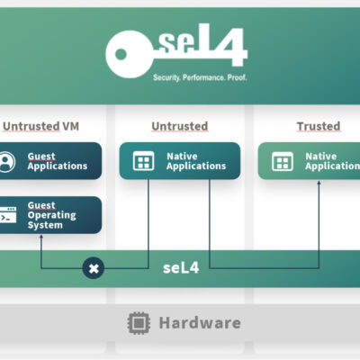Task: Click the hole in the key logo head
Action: coord(121,54)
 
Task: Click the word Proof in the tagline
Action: coord(237,77)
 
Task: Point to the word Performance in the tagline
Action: coord(203,77)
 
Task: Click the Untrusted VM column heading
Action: coord(40,126)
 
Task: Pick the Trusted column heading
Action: coord(319,126)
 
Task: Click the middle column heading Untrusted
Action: coord(180,126)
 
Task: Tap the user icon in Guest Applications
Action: coord(6,162)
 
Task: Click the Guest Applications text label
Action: coord(58,161)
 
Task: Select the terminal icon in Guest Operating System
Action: coord(8,215)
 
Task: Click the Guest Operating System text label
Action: coord(51,215)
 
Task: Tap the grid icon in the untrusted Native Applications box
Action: coord(143,161)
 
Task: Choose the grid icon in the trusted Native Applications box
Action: coord(283,161)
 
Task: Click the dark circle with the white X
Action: coord(94,268)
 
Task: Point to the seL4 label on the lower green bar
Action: coord(181,267)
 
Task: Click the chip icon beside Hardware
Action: coord(139,323)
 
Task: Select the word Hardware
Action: coord(200,323)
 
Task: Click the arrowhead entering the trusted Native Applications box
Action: coord(319,182)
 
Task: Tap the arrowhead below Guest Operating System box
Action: coord(41,237)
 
